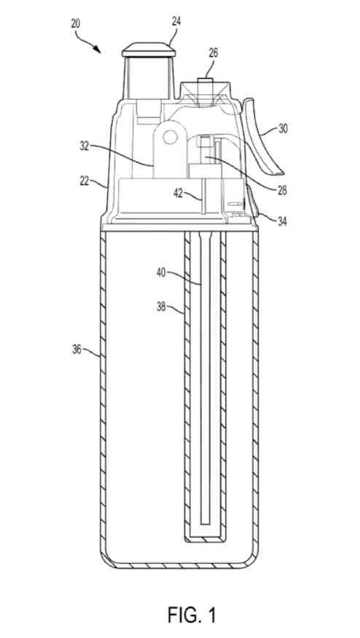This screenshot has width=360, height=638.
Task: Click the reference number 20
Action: coord(76,23)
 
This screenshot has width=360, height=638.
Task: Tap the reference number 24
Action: coord(176,22)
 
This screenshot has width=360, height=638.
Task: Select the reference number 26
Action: coord(213,53)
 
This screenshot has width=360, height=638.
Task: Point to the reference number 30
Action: coord(283,129)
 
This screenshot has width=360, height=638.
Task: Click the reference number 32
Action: coord(85,146)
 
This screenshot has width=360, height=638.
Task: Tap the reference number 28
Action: coord(281,189)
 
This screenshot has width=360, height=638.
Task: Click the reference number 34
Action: coord(281,221)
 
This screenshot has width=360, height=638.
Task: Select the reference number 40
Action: coord(161,272)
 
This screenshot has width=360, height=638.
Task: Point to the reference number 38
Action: coord(161,306)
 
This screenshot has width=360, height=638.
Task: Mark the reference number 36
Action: coord(77,349)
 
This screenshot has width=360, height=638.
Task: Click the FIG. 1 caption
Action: coord(192,615)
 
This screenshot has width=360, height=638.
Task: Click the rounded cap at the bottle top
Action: coord(149,50)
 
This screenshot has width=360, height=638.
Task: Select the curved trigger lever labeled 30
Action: coord(262,136)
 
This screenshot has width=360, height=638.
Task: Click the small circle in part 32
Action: coord(168,137)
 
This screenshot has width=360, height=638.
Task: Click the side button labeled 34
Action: coord(251,202)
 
